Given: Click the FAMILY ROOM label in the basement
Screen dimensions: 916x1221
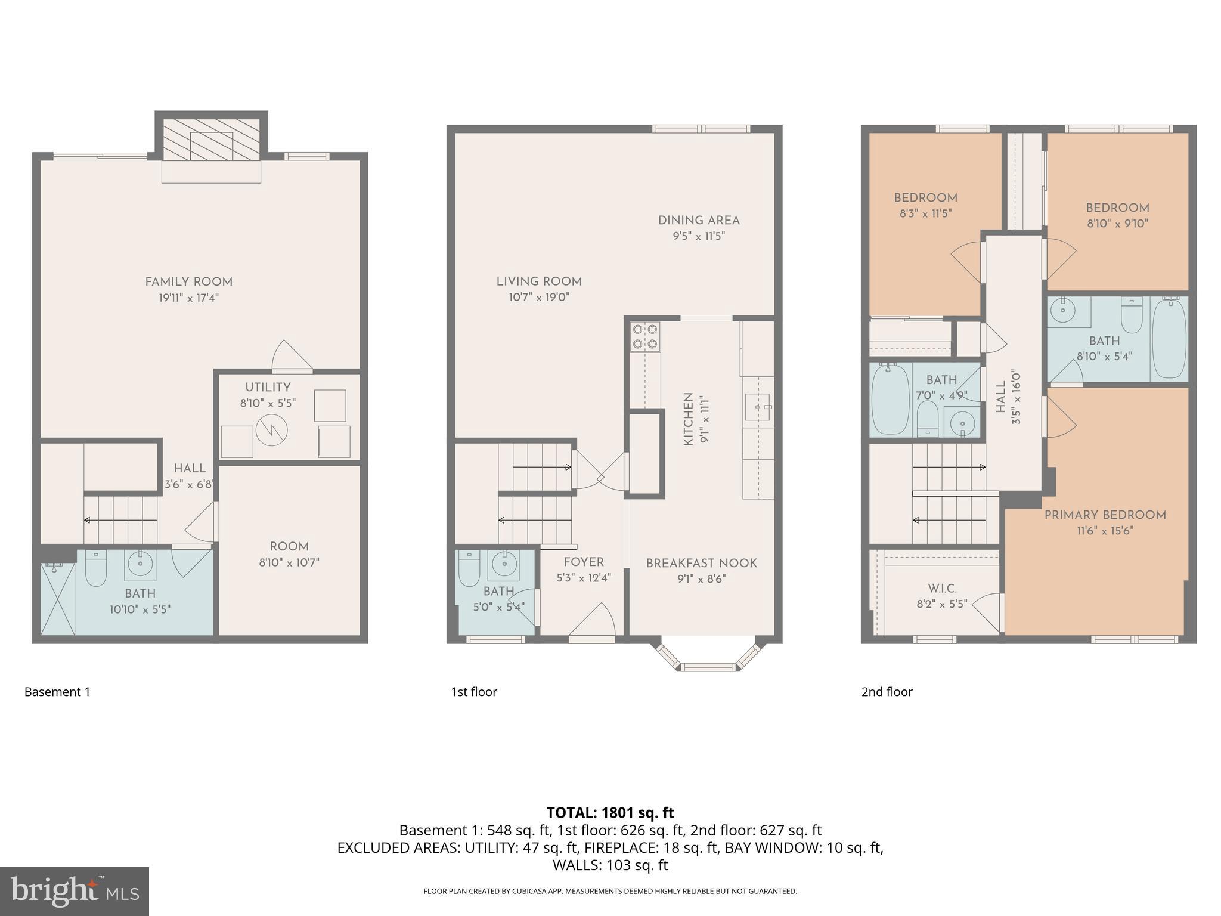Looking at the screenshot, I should [x=188, y=282].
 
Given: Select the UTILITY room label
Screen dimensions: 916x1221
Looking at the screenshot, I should [x=268, y=387].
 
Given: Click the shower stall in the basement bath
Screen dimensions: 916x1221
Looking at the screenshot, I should [x=58, y=598].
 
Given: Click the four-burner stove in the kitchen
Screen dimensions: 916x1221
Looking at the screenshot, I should [x=645, y=336].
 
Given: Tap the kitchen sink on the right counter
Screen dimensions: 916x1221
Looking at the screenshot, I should [x=758, y=407].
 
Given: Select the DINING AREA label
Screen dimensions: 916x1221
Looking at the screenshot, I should [x=699, y=221].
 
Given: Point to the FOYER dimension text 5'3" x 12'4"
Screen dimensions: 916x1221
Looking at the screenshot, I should [x=584, y=577].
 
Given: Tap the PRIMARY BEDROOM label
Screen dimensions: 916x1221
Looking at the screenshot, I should [x=1105, y=515].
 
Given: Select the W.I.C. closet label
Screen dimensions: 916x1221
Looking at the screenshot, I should [x=942, y=589].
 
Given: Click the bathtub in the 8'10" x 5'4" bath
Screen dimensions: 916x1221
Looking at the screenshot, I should [x=1169, y=339].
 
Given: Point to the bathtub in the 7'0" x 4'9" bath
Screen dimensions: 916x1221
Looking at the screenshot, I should [x=890, y=400].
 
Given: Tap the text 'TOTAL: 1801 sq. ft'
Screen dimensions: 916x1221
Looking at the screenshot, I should [x=610, y=813].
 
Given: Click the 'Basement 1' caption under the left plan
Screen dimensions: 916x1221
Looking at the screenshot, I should [x=57, y=692].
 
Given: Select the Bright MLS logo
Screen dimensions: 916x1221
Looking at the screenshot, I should [x=74, y=891].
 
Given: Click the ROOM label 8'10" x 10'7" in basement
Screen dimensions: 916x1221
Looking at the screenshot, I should [x=289, y=547].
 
